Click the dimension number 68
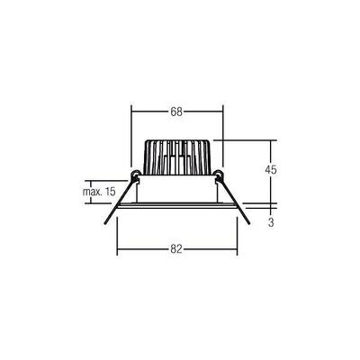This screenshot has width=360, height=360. tap(176, 112)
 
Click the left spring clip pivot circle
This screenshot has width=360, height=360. tap(135, 174)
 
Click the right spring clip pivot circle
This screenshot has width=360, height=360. tap(219, 174)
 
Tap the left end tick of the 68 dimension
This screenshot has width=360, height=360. tap(133, 112)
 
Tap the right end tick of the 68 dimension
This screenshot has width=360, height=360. tap(221, 112)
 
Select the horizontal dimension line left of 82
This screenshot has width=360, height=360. tap(144, 249)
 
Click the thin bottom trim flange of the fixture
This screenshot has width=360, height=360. tap(177, 207)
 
